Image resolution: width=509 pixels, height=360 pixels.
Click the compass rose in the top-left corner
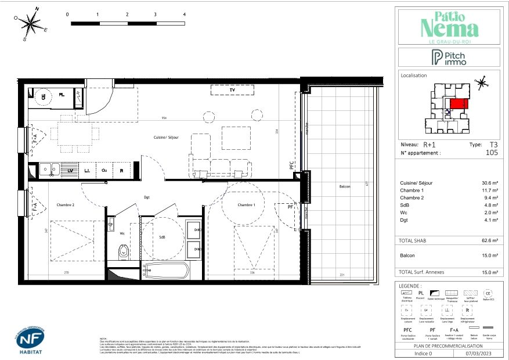[30, 24]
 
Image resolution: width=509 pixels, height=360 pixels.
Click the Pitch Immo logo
[448, 57]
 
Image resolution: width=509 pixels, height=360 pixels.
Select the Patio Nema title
[449, 26]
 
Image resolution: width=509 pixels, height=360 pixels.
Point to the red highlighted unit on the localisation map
[458, 104]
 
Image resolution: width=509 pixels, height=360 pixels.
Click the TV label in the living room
[232, 91]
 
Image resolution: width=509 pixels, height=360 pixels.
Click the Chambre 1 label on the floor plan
[246, 204]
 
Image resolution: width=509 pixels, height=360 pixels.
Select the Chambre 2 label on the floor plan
[66, 204]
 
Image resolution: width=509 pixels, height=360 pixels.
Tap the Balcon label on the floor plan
[345, 186]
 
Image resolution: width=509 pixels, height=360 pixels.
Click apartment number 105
[491, 153]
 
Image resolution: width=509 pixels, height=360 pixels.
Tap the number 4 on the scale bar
[184, 14]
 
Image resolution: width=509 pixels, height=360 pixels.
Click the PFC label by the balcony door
[292, 165]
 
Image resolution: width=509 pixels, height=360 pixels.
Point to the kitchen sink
[48, 170]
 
